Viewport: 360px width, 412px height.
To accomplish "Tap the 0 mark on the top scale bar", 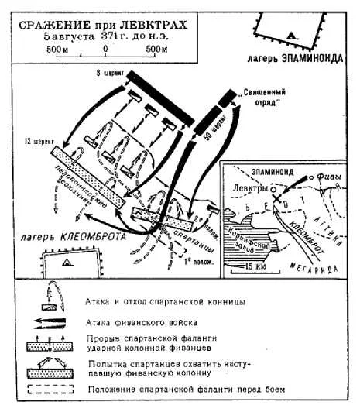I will (105, 48).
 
